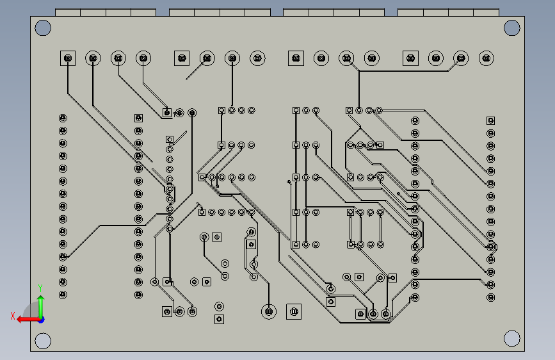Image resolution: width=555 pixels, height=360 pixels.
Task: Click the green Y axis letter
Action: point(40,288)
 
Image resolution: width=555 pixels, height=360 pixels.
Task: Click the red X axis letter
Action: point(13,316)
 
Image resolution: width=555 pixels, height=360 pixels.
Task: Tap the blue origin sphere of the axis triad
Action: point(41,320)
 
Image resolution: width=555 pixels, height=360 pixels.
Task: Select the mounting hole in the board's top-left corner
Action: point(43,28)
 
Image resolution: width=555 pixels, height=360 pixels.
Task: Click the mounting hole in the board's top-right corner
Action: point(512,28)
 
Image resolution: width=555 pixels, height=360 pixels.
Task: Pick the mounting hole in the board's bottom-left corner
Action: point(43,341)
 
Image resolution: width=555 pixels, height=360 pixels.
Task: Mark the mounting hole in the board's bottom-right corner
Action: point(512,338)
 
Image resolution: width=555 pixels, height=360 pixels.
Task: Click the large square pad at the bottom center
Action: point(294,312)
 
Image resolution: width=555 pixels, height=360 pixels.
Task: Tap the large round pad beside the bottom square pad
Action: point(269,312)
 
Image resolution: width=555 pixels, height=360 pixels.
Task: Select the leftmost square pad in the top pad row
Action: point(68,58)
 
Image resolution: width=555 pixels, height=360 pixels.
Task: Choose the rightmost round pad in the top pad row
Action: point(486,58)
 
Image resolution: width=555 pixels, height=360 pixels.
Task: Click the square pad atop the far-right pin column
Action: point(490,121)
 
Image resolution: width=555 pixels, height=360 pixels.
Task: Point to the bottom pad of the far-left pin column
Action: point(63,295)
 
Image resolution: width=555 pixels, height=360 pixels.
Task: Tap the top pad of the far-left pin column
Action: point(63,118)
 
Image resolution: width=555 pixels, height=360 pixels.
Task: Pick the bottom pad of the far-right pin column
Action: point(490,297)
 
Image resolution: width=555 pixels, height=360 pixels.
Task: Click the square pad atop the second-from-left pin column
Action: point(138,118)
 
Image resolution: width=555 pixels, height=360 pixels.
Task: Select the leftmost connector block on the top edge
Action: point(106,12)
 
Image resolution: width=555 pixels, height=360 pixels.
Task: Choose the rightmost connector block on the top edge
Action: point(449,12)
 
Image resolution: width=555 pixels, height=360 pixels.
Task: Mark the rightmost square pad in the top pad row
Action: point(410,58)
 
